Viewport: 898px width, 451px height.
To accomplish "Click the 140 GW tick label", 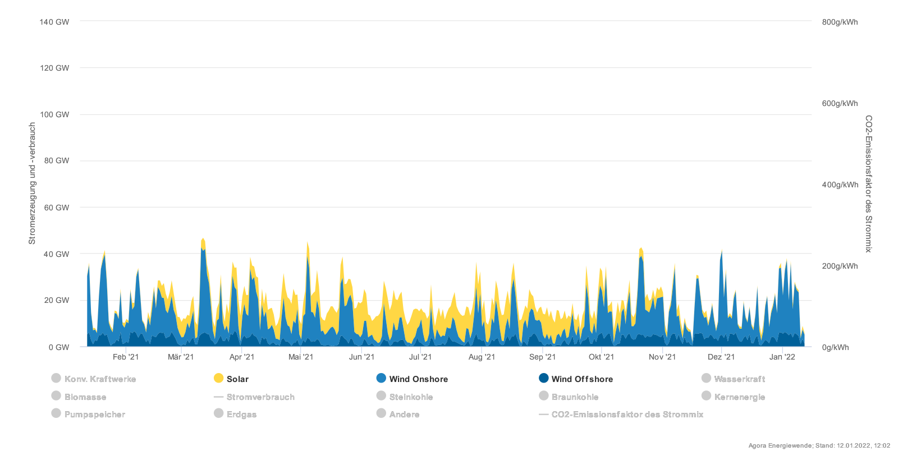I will pos(54,22).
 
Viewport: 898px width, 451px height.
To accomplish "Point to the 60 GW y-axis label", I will pos(57,208).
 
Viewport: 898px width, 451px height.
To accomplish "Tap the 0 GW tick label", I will pos(59,347).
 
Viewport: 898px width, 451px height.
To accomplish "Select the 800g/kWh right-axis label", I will pos(840,22).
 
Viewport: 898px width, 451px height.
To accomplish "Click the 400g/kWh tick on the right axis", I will pos(840,185).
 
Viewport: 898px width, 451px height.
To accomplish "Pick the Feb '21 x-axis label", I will pos(126,357).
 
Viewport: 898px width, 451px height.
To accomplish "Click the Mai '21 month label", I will pos(301,357).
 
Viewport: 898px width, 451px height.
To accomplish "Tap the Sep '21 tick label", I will pos(542,357).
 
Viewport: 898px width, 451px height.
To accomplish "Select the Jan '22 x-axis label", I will pos(782,357).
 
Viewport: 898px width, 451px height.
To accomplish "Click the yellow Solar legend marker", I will pos(219,379).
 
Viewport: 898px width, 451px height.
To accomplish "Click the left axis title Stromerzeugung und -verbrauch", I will pos(32,183).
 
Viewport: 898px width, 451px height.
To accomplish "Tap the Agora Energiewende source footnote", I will pos(819,445).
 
